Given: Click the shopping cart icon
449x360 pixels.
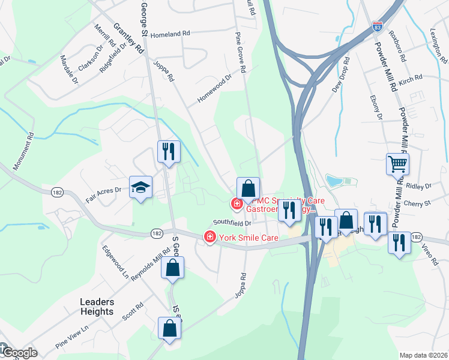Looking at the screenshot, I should coord(397,163).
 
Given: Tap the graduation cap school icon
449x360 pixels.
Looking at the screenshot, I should coord(141,188).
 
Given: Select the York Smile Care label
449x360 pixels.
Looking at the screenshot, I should coord(248,238).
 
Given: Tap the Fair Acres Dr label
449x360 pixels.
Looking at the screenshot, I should coord(104,193).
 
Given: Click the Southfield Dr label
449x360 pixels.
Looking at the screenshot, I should coord(232,223).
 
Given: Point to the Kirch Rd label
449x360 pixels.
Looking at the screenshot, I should coord(411,79).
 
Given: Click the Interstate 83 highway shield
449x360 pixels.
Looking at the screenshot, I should coord(377,27).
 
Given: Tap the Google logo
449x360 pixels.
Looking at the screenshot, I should coord(19,352).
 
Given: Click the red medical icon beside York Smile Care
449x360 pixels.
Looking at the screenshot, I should coord(209,237).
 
